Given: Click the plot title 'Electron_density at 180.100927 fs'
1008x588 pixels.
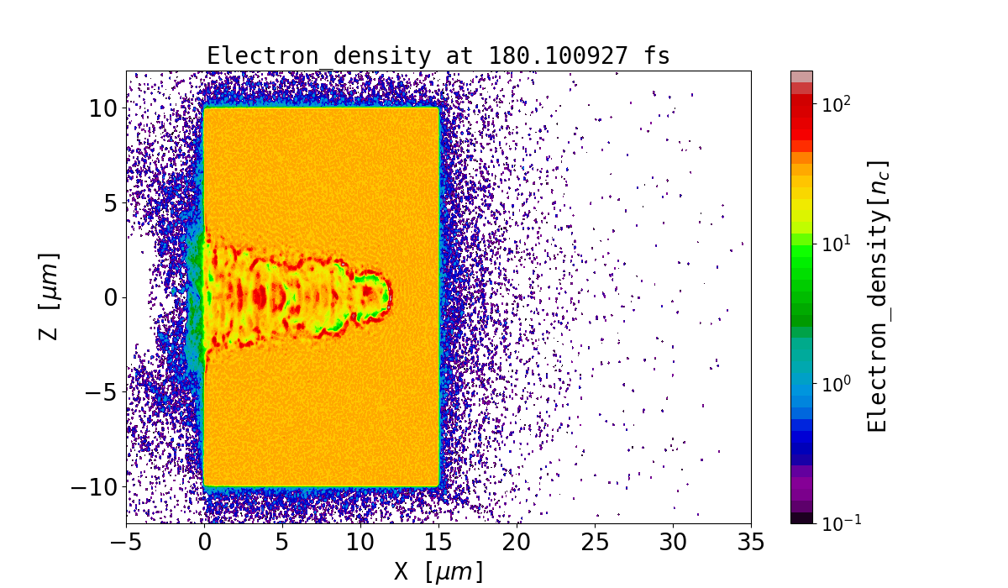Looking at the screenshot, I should click(x=438, y=56).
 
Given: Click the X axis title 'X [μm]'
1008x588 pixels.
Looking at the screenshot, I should click(x=438, y=572).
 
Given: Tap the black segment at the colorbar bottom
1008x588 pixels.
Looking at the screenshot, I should click(x=801, y=518).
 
